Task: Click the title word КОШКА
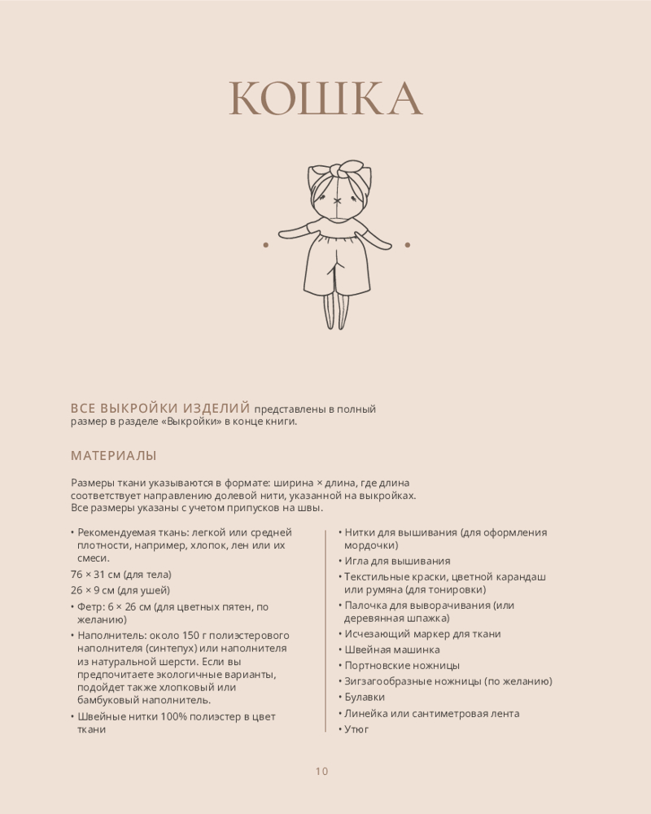point(325,99)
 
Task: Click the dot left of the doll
point(265,244)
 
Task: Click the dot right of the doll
point(408,244)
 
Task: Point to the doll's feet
point(336,322)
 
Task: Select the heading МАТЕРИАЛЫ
point(114,456)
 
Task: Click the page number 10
point(321,772)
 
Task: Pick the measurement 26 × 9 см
point(92,590)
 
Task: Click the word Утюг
point(356,729)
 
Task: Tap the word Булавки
point(365,697)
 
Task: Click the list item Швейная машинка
point(392,650)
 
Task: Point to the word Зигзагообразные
point(390,681)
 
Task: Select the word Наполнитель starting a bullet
point(110,635)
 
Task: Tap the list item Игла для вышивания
point(397,561)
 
